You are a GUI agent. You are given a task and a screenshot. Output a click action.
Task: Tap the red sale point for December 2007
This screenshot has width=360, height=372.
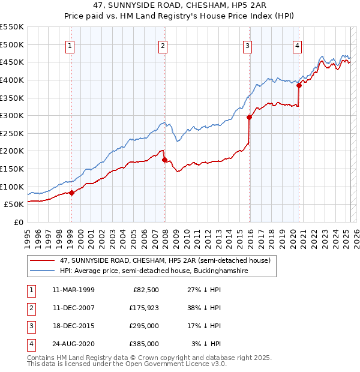click(x=164, y=160)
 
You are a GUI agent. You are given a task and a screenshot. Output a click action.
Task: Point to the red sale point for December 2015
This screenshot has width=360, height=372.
click(x=249, y=118)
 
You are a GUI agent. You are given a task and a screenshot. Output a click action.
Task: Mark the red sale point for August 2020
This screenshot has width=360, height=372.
click(x=299, y=86)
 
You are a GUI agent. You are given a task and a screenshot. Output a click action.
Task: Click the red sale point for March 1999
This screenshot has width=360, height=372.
click(x=71, y=193)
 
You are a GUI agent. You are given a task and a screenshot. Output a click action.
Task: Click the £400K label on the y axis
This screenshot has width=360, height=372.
click(x=12, y=80)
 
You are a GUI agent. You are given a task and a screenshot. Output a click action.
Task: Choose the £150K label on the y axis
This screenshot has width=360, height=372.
click(x=12, y=169)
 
